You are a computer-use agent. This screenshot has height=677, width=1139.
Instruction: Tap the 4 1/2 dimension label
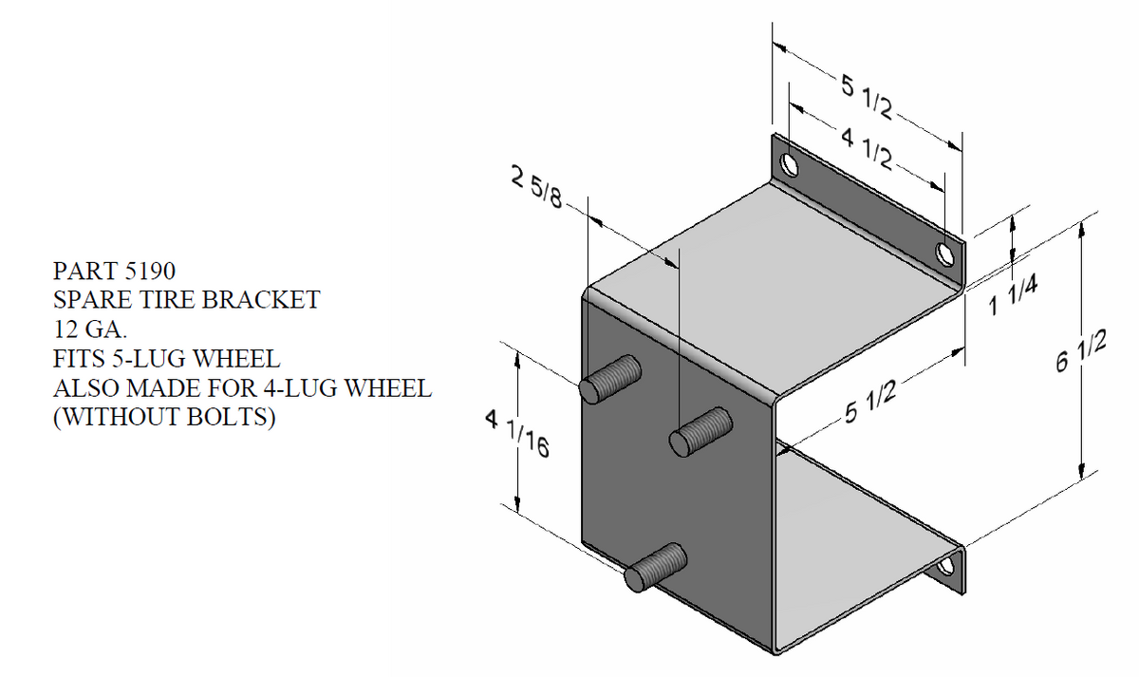coord(865,143)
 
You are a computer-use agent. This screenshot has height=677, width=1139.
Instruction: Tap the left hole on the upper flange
coord(789,166)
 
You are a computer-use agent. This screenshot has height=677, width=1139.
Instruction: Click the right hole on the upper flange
coord(944,253)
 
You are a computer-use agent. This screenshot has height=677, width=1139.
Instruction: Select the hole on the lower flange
coord(944,568)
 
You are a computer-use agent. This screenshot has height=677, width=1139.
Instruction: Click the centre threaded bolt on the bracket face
coord(700,432)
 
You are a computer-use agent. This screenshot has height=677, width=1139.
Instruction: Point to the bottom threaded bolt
coord(656,566)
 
